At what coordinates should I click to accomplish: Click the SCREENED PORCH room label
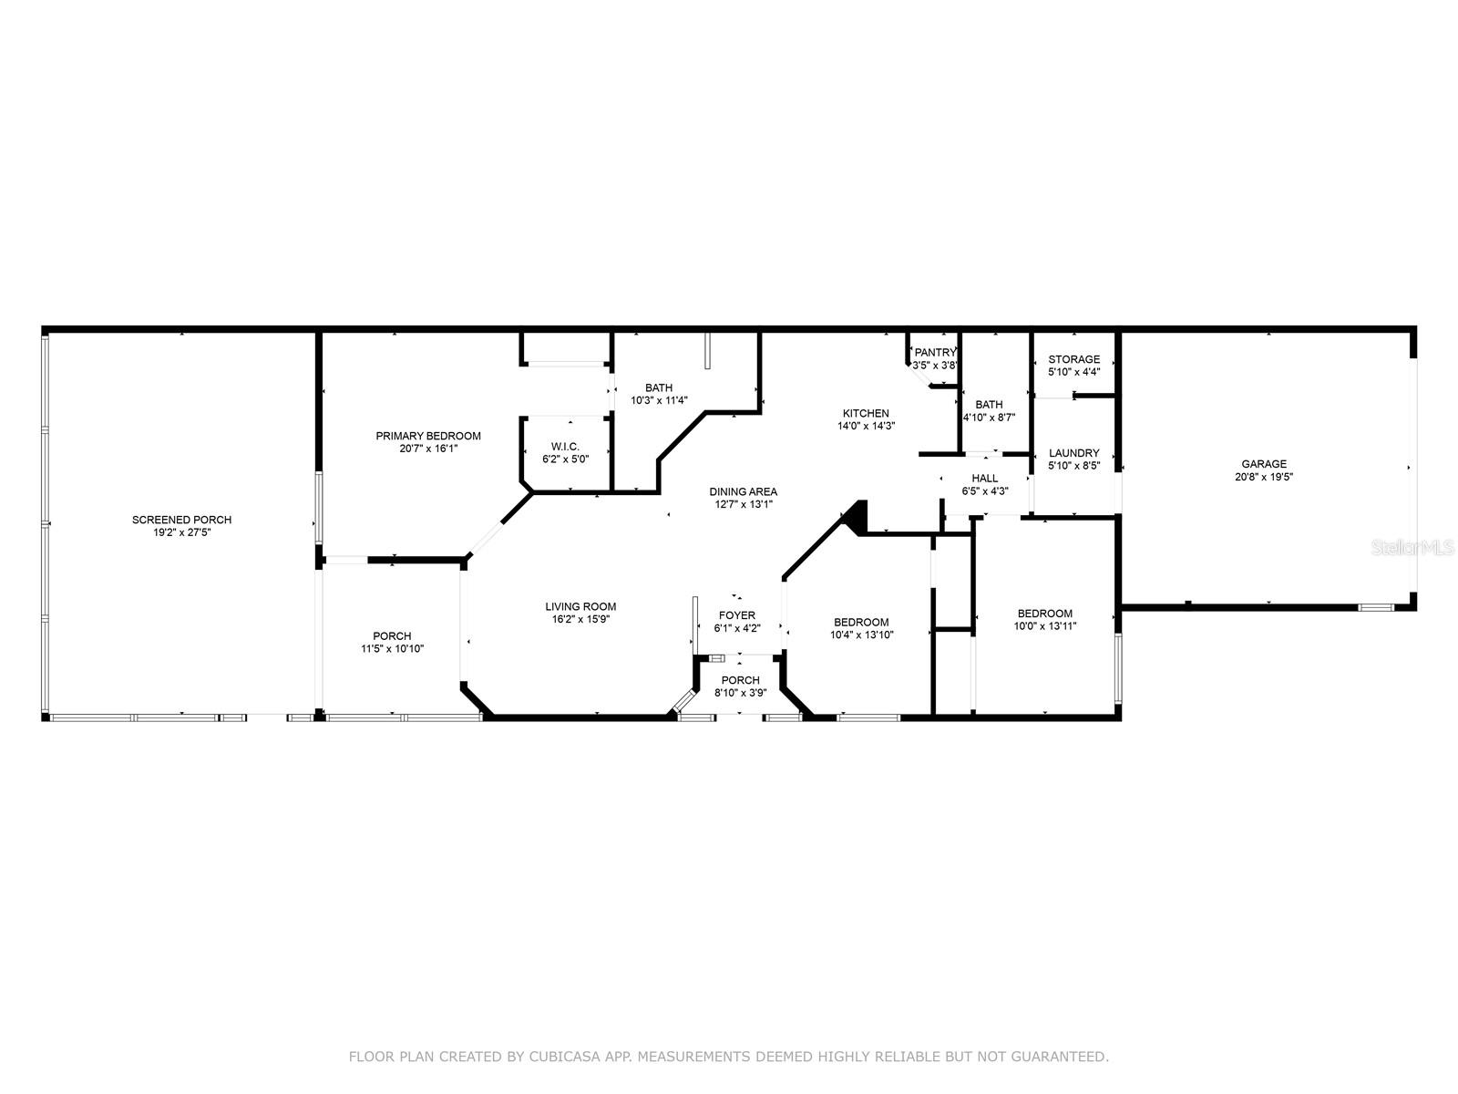(181, 520)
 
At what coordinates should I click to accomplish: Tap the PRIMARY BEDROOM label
(427, 436)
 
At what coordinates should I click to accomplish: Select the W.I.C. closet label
(565, 447)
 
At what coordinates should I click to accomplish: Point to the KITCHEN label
(866, 413)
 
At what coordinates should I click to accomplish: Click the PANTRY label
(935, 353)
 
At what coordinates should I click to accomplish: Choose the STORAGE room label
(1074, 359)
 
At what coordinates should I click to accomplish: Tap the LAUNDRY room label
(1074, 453)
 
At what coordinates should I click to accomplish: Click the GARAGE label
(1264, 464)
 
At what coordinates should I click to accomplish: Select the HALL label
(984, 479)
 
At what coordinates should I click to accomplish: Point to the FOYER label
(736, 615)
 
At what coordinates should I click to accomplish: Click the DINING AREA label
(743, 492)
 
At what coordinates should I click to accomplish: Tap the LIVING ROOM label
(580, 606)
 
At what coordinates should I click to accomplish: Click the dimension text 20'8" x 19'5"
(1263, 477)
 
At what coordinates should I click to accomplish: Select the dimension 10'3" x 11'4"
(659, 400)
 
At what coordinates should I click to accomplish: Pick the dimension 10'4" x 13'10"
(861, 635)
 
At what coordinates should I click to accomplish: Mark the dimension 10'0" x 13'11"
(1045, 625)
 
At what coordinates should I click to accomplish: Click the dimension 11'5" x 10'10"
(392, 649)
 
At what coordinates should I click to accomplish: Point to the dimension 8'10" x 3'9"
(740, 693)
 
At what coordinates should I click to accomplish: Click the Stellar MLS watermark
(1412, 548)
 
